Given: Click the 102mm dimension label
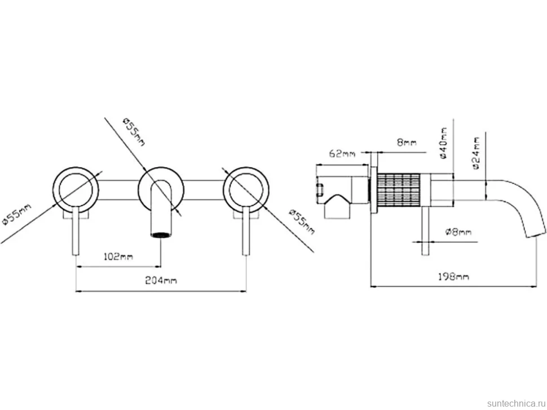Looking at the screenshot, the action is pyautogui.click(x=118, y=257).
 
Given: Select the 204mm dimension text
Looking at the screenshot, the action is pyautogui.click(x=161, y=280).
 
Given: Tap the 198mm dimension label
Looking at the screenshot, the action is pyautogui.click(x=453, y=277).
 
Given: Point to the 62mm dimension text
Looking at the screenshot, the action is pyautogui.click(x=342, y=153).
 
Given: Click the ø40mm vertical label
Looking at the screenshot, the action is pyautogui.click(x=443, y=143).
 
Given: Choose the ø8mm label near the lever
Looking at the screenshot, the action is pyautogui.click(x=458, y=231).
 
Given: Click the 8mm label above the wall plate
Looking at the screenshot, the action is pyautogui.click(x=407, y=142).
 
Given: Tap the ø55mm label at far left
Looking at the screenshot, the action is pyautogui.click(x=16, y=215).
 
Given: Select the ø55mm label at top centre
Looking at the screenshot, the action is pyautogui.click(x=134, y=132).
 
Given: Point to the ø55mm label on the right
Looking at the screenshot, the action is pyautogui.click(x=302, y=222).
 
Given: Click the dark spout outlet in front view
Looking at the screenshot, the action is pyautogui.click(x=161, y=235).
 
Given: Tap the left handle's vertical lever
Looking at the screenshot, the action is pyautogui.click(x=76, y=231).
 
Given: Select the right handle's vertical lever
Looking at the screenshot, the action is pyautogui.click(x=246, y=231).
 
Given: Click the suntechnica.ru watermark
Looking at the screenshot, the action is pyautogui.click(x=517, y=403).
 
